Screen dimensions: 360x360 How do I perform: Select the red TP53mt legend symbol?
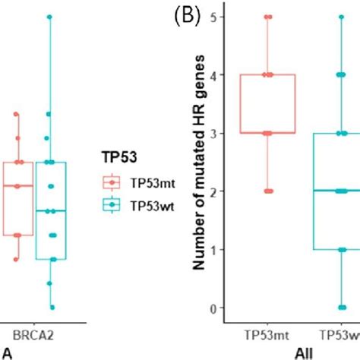coord(112,182)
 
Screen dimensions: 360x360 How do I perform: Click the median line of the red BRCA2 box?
coord(17,186)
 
